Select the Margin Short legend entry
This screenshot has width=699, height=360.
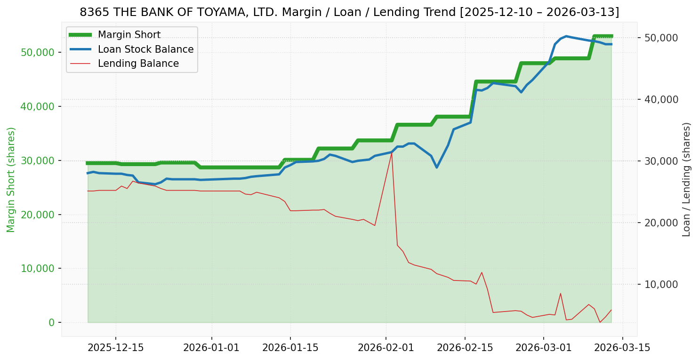click(x=129, y=35)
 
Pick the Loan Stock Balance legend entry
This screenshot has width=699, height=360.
click(x=145, y=49)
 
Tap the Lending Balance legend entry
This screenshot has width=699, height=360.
click(x=138, y=64)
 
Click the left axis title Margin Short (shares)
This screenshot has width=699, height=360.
click(x=11, y=179)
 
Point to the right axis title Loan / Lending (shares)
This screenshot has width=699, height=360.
click(x=686, y=179)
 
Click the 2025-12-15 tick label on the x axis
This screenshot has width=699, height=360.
click(x=116, y=348)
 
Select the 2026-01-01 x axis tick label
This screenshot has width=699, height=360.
click(x=211, y=348)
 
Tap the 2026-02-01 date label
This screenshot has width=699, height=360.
click(x=386, y=348)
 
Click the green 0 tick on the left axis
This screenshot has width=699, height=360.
click(x=52, y=323)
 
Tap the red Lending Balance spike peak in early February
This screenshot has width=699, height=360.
click(x=392, y=152)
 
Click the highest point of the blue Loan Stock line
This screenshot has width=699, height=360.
click(x=566, y=36)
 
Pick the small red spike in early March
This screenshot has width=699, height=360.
click(x=560, y=293)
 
